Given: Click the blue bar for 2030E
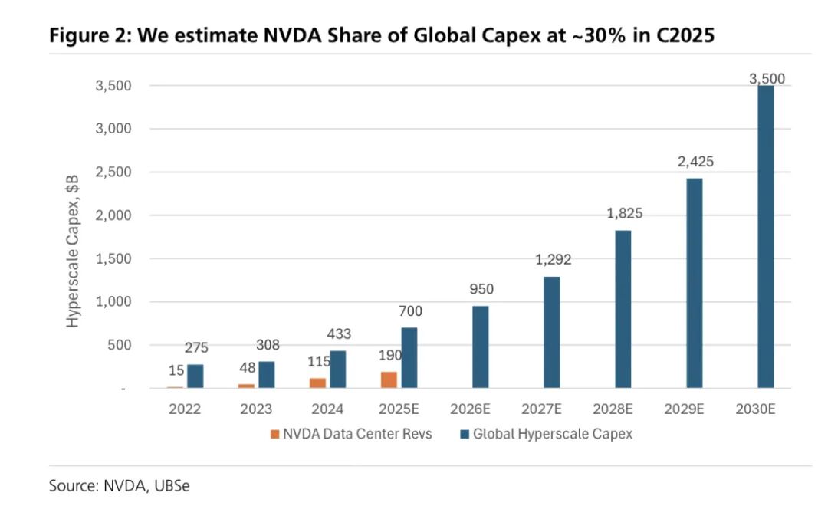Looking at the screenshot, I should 765,237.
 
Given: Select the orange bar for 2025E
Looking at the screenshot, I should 389,380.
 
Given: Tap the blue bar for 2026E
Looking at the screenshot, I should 481,347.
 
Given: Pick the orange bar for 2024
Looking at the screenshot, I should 317,383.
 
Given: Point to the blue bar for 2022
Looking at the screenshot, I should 195,376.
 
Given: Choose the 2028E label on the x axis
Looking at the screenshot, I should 623,409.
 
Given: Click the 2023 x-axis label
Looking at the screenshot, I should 255,409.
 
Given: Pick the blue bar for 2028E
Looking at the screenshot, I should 623,309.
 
